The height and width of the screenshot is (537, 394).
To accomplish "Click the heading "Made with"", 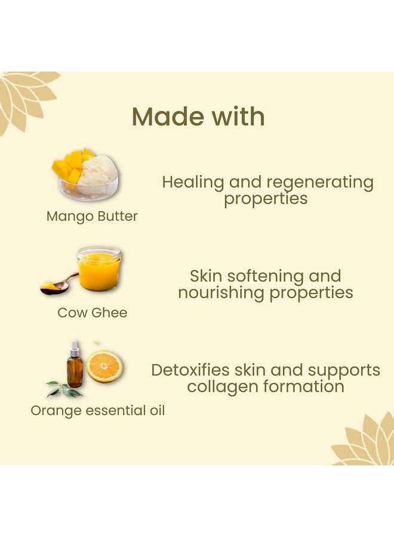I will click(198, 116).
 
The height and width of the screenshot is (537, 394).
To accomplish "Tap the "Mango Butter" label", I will click(92, 217).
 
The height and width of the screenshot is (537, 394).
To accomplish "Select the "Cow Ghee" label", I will click(92, 313).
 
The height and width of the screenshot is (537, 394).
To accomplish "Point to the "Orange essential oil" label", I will click(98, 411).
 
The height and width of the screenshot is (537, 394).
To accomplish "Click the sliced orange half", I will click(104, 366).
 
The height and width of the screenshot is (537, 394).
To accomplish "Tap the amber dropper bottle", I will click(75, 371).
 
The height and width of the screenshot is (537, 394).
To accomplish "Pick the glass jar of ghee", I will click(99, 268).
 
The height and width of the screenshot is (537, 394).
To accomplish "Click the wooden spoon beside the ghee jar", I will click(57, 285).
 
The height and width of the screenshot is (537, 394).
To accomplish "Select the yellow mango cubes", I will click(70, 165).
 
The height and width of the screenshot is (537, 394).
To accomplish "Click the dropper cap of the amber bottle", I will click(75, 347).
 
